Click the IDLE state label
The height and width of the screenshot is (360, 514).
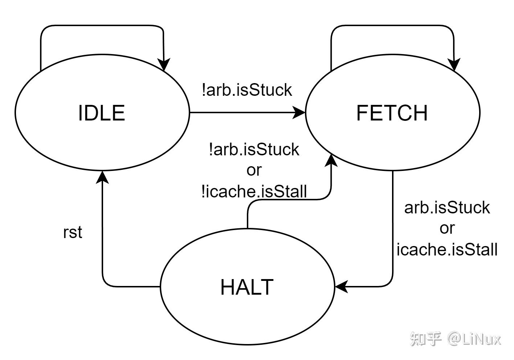tap(102, 113)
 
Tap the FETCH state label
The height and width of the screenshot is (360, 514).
tap(392, 113)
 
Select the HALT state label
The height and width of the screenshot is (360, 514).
tap(247, 287)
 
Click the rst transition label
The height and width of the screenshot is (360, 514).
tap(73, 232)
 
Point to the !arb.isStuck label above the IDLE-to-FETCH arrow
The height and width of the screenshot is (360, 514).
tap(247, 90)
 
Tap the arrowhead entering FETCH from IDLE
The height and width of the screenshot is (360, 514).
tap(299, 112)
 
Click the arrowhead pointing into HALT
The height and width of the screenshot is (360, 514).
tap(342, 287)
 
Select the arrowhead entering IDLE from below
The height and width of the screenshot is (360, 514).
tap(102, 177)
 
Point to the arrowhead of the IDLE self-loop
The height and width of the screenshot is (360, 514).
tap(163, 65)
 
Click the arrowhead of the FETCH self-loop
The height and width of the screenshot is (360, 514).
tap(454, 65)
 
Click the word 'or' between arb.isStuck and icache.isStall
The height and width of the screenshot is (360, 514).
tap(447, 229)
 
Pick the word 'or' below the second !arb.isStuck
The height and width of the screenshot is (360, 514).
tap(254, 171)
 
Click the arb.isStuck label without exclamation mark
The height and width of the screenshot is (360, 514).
tap(447, 208)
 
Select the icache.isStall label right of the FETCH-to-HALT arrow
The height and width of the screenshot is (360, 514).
tap(447, 249)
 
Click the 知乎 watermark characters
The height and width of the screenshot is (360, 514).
tap(426, 339)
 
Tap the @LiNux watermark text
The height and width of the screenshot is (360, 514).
tap(474, 339)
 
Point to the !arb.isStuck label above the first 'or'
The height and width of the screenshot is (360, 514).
tap(254, 150)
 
